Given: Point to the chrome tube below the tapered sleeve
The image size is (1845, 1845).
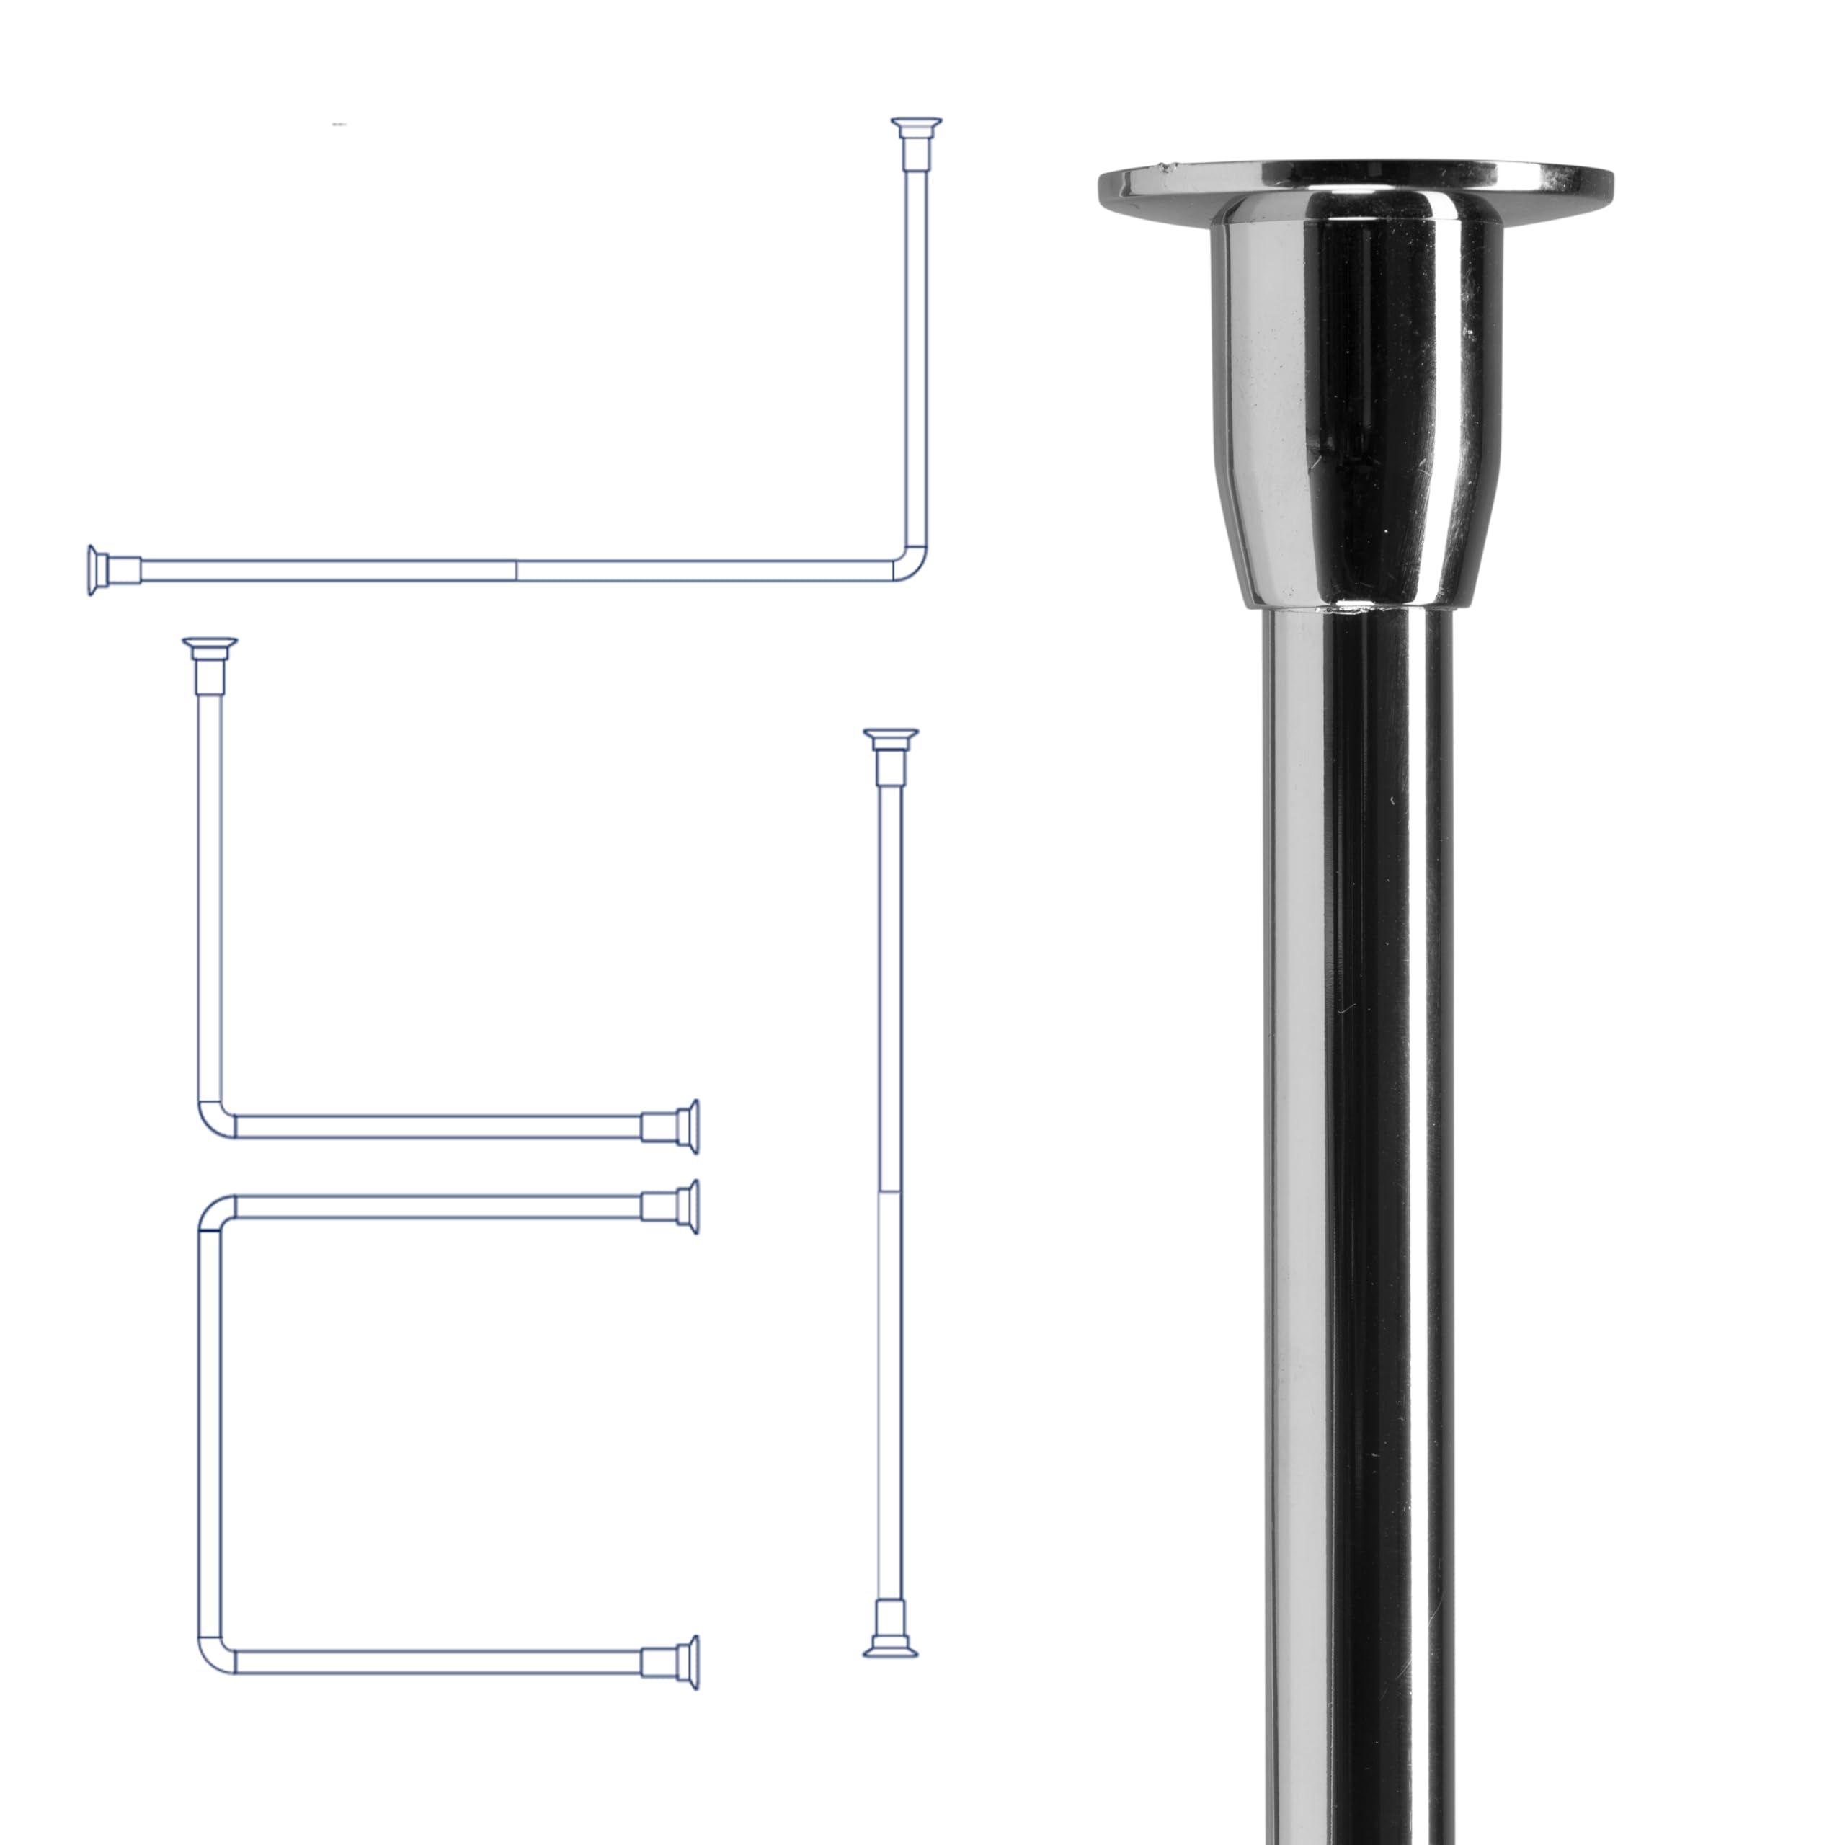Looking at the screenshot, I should pos(1356,1146).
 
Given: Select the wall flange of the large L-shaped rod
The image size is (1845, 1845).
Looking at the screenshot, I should pos(94,570).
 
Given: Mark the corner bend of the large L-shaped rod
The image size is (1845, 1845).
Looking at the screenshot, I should pos(912,564).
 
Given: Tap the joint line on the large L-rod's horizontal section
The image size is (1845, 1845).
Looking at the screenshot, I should pos(517,570).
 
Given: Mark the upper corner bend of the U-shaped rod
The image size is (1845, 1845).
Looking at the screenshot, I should pos(214,1213).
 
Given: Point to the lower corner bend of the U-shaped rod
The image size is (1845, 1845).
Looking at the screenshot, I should pos(214,1656).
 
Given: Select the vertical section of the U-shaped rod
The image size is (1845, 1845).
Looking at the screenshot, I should pos(210,1433).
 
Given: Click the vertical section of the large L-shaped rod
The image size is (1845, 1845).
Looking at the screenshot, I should pos(916,363).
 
